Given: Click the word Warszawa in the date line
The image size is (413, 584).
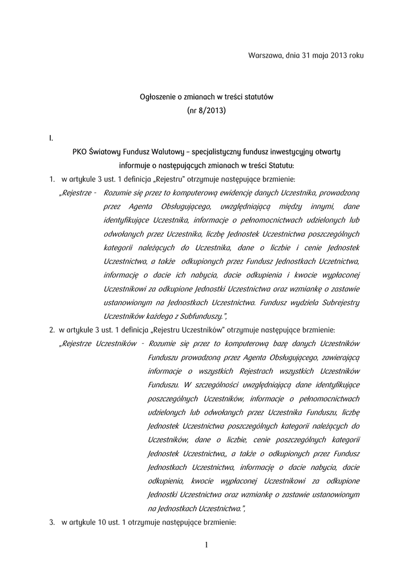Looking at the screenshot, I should pos(264,56).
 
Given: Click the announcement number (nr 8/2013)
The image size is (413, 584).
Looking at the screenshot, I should pos(206,111).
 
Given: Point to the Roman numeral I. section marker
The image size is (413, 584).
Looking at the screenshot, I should pos(51,138).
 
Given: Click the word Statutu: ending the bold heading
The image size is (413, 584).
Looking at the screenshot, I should pos(281,166).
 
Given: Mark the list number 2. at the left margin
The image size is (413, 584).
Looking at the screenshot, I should pos(52,330).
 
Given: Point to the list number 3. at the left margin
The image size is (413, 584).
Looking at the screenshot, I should pos(52,522).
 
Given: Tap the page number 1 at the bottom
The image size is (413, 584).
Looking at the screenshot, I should pos(206,546).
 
